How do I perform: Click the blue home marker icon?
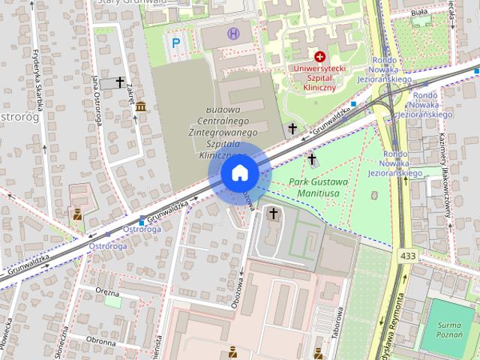(x=240, y=173)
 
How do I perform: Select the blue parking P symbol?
(x=176, y=43)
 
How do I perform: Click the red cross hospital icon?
(x=320, y=56)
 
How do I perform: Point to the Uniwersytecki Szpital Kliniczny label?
(x=320, y=78)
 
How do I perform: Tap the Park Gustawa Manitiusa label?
(x=318, y=187)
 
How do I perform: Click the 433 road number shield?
(x=407, y=256)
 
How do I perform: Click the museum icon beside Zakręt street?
(x=141, y=106)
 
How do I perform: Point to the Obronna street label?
(x=100, y=341)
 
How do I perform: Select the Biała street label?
(x=419, y=12)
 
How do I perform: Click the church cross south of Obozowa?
(x=274, y=214)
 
